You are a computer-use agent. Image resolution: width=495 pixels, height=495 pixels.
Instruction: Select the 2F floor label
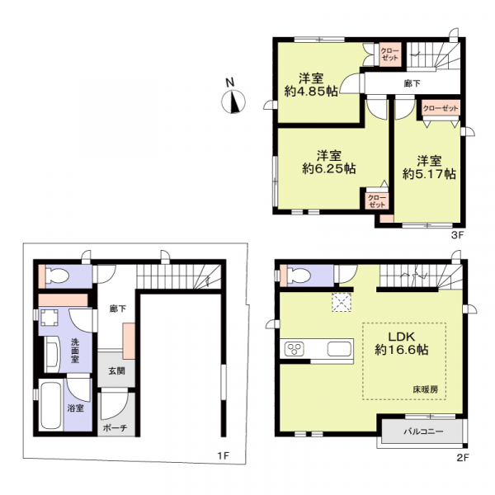click(462, 456)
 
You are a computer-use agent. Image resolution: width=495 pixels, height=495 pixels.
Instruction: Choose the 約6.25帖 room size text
click(329, 163)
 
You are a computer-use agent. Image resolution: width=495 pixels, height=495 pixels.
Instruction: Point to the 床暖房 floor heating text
click(427, 387)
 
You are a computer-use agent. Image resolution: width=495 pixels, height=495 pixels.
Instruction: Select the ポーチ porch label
click(113, 429)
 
